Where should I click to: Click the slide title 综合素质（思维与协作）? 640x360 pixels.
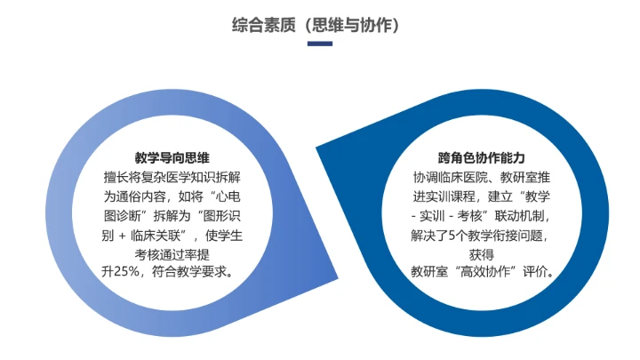click(x=319, y=25)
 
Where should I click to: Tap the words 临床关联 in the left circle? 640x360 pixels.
click(x=157, y=234)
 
